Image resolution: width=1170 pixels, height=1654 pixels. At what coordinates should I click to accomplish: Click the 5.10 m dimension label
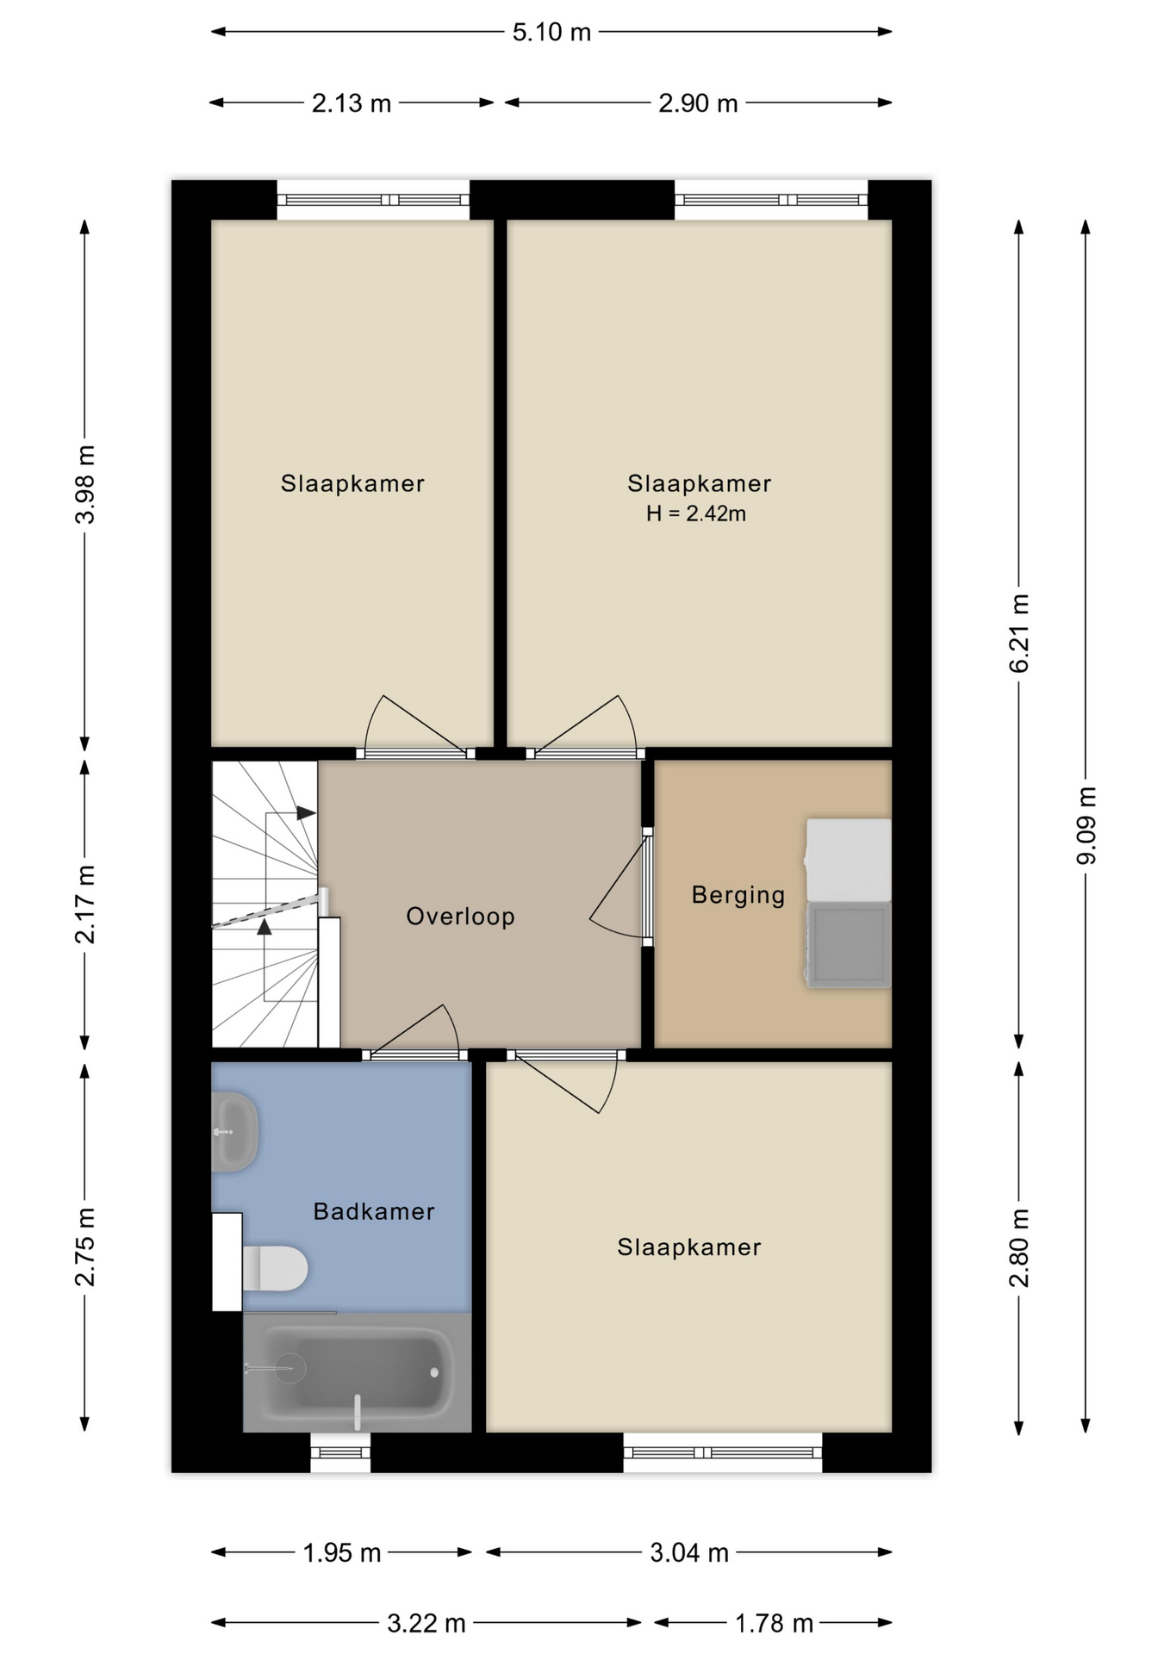click(551, 33)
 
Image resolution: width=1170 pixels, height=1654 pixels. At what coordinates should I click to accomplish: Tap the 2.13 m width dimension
click(352, 103)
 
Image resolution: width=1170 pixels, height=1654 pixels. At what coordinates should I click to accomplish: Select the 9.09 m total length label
click(1086, 825)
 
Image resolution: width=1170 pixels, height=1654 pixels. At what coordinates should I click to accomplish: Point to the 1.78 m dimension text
click(774, 1624)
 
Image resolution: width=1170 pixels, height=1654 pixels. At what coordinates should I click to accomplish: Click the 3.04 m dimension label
click(689, 1552)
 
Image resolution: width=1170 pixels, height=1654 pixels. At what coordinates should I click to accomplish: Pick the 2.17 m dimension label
click(85, 905)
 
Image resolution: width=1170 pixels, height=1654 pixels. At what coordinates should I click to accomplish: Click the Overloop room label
click(461, 916)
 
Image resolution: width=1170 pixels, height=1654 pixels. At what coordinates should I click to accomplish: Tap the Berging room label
click(738, 896)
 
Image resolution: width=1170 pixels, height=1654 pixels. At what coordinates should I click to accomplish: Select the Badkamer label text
click(374, 1212)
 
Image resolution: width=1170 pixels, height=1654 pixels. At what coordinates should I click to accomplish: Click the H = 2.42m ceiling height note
click(696, 514)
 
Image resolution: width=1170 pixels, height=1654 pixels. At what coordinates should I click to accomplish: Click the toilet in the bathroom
click(275, 1268)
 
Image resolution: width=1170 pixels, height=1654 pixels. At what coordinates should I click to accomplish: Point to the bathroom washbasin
click(234, 1131)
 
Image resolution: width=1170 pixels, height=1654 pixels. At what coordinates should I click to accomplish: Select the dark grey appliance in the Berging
click(849, 944)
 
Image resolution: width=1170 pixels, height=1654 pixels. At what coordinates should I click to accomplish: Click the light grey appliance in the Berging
click(849, 860)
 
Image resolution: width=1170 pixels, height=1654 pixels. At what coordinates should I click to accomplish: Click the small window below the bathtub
click(340, 1452)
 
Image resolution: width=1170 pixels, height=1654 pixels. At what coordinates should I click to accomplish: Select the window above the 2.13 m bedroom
click(373, 200)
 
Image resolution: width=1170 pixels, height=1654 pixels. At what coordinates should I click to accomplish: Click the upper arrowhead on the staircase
click(306, 812)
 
